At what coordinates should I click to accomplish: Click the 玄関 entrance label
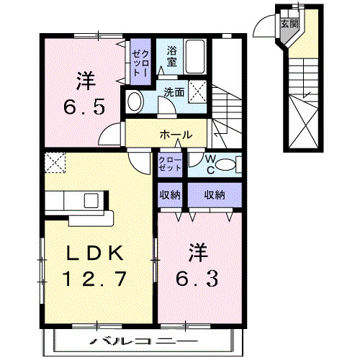pyautogui.click(x=287, y=23)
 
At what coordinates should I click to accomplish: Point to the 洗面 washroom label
pyautogui.click(x=174, y=92)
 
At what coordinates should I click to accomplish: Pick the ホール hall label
pyautogui.click(x=176, y=135)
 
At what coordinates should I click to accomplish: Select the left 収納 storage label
pyautogui.click(x=170, y=194)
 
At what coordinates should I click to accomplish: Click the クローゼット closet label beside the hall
pyautogui.click(x=170, y=163)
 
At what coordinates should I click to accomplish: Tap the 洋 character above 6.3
pyautogui.click(x=199, y=252)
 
